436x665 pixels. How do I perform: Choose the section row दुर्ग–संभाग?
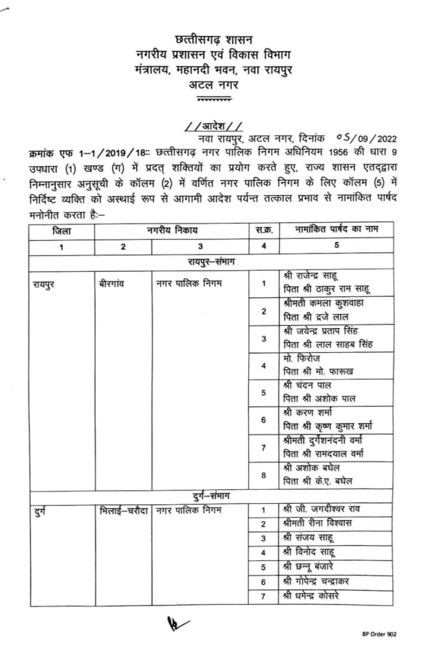(x=212, y=496)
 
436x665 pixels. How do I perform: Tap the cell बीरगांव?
(x=113, y=285)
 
